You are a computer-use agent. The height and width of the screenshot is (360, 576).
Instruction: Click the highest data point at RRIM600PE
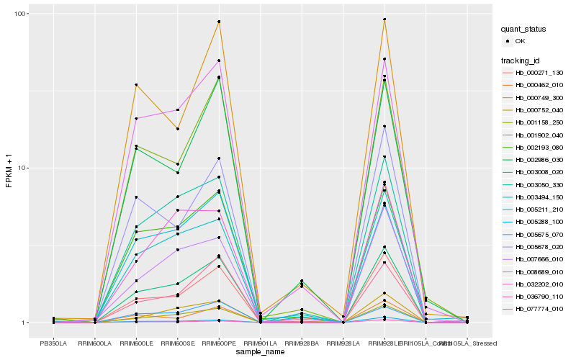[219, 22]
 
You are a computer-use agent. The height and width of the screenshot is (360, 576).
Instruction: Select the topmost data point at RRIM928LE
[384, 19]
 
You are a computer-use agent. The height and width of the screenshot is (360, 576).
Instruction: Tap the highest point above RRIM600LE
[136, 85]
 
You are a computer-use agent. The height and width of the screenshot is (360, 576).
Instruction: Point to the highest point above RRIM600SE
[177, 110]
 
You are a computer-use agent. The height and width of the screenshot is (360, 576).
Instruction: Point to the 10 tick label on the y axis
[22, 168]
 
